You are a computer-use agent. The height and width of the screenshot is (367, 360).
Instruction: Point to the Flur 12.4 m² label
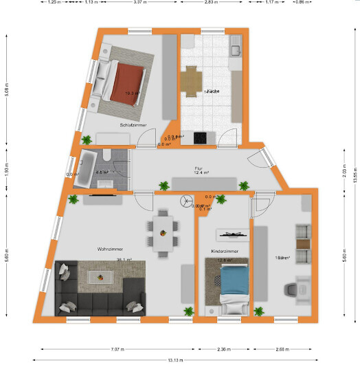(201, 170)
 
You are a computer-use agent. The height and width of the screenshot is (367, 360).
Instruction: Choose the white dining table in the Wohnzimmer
(162, 232)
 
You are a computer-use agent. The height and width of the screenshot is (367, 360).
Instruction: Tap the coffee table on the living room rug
(100, 277)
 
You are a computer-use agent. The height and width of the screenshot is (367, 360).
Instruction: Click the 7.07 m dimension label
(117, 348)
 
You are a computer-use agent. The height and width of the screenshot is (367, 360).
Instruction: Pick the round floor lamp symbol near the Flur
(184, 201)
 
